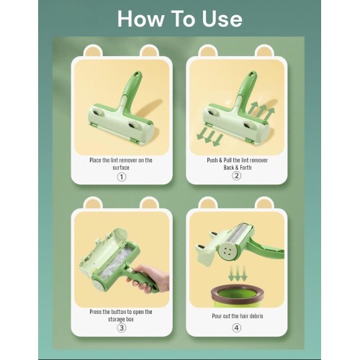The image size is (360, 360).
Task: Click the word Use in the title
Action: pyautogui.click(x=222, y=19)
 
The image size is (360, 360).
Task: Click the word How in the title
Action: pyautogui.click(x=140, y=19)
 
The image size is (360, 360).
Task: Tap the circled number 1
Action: pyautogui.click(x=122, y=177)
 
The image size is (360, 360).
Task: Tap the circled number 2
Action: pyautogui.click(x=236, y=176)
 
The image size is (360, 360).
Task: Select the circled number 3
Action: pyautogui.click(x=122, y=328)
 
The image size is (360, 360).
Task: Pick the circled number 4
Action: pyautogui.click(x=236, y=328)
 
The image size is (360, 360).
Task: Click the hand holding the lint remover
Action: pyautogui.click(x=149, y=279)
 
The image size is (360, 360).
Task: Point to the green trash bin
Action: pyautogui.click(x=237, y=296)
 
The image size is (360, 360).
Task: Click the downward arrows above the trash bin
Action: pyautogui.click(x=238, y=273)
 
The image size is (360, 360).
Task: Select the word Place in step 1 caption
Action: pyautogui.click(x=95, y=160)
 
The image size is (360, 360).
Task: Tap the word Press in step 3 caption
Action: pyautogui.click(x=96, y=312)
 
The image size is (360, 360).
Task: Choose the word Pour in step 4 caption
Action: pyautogui.click(x=217, y=316)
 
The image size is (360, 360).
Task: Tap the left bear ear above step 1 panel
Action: pyautogui.click(x=93, y=51)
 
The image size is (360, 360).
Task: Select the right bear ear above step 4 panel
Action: pyautogui.click(x=264, y=203)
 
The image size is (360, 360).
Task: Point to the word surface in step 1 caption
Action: pyautogui.click(x=121, y=167)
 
